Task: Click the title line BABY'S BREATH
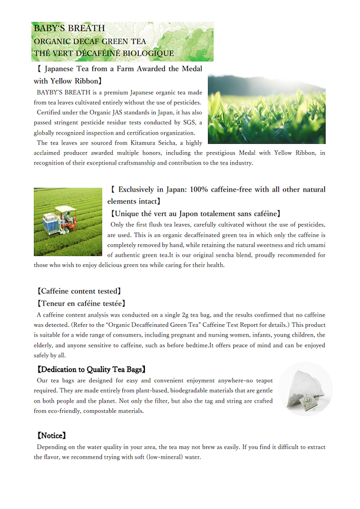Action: pyautogui.click(x=68, y=28)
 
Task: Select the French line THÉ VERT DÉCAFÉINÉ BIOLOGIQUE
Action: pyautogui.click(x=104, y=53)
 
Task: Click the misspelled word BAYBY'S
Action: pyautogui.click(x=52, y=92)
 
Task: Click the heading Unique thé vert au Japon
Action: pyautogui.click(x=196, y=214)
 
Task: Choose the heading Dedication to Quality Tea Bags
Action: pyautogui.click(x=91, y=369)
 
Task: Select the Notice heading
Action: pyautogui.click(x=52, y=435)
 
